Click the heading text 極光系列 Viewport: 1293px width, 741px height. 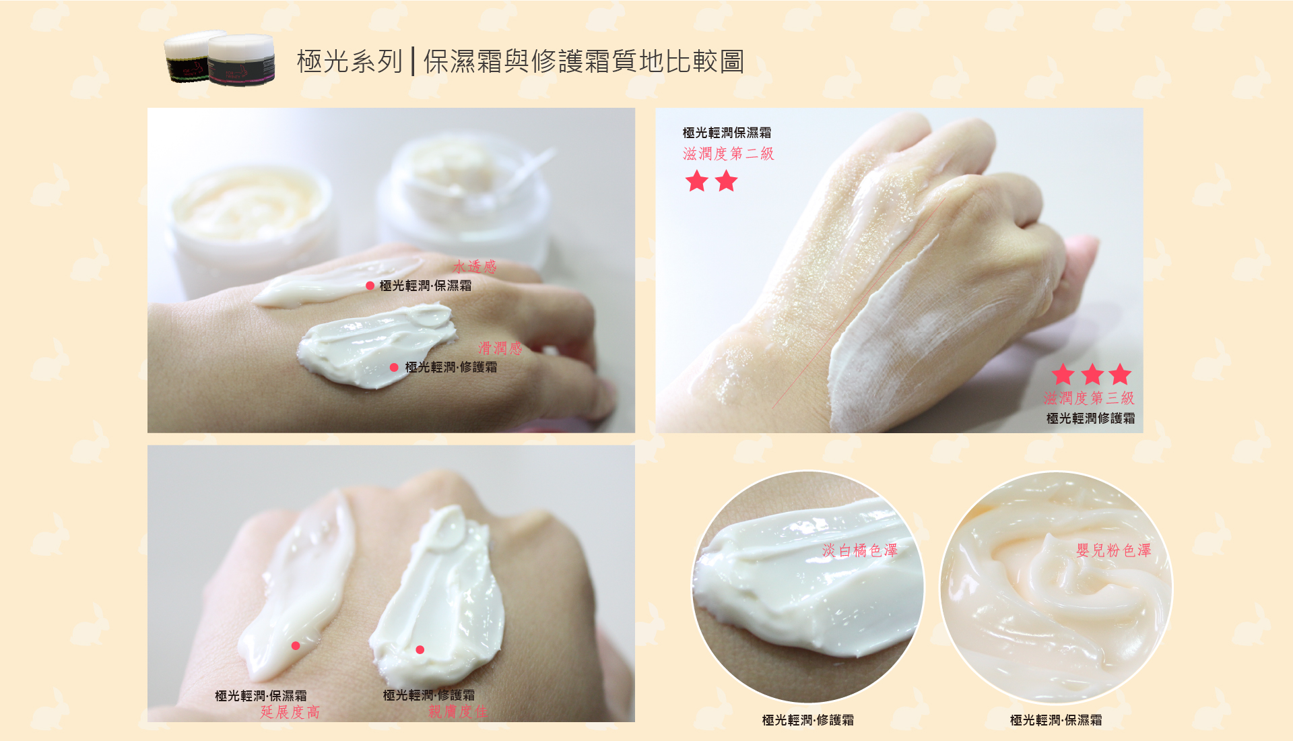[x=350, y=61]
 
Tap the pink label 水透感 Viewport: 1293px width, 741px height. [x=475, y=267]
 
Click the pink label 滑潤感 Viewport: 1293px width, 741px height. [x=500, y=348]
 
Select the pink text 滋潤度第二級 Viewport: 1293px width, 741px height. [x=729, y=154]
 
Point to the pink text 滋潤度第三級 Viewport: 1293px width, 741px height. [x=1089, y=398]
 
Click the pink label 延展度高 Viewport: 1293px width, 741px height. [x=290, y=712]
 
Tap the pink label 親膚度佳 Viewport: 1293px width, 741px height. [x=458, y=711]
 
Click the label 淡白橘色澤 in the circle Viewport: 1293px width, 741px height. [x=860, y=550]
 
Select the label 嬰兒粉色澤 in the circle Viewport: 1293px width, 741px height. [x=1114, y=550]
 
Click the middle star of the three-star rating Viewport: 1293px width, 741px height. [x=1092, y=375]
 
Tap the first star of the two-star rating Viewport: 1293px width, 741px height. [x=697, y=181]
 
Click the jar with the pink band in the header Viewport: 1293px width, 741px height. [x=241, y=60]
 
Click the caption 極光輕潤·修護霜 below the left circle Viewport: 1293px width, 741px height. [x=808, y=720]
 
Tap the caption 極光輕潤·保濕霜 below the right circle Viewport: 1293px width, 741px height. [x=1056, y=720]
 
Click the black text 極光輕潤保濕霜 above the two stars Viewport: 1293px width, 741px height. [x=727, y=133]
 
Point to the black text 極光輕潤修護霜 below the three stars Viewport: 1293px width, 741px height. [x=1091, y=418]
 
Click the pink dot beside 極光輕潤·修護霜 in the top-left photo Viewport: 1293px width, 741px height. [x=394, y=367]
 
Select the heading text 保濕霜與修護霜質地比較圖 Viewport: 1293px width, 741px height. [x=584, y=61]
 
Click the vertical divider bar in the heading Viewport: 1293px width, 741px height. [x=413, y=61]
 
